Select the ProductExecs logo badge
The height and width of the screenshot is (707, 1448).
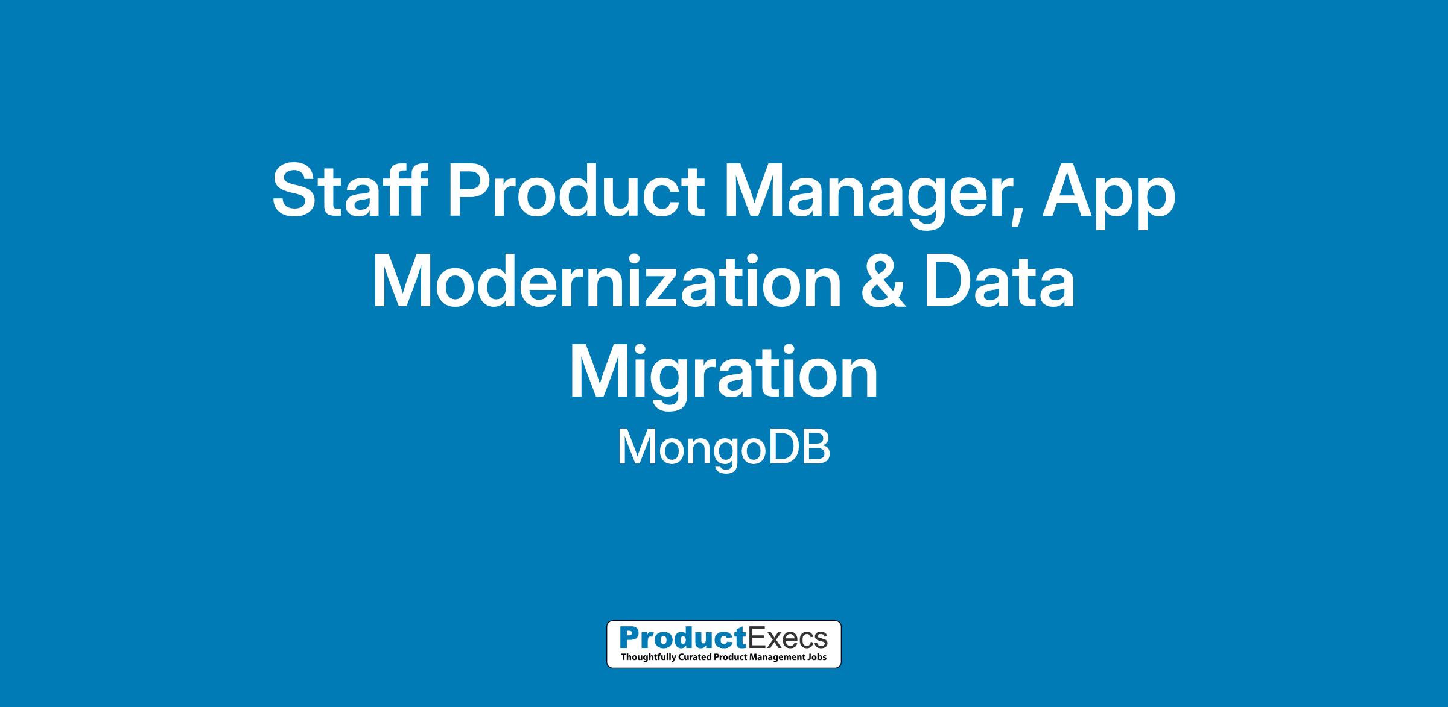pos(723,644)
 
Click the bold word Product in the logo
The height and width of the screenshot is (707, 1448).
pos(679,638)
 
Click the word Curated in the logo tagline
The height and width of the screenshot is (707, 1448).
pos(693,656)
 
